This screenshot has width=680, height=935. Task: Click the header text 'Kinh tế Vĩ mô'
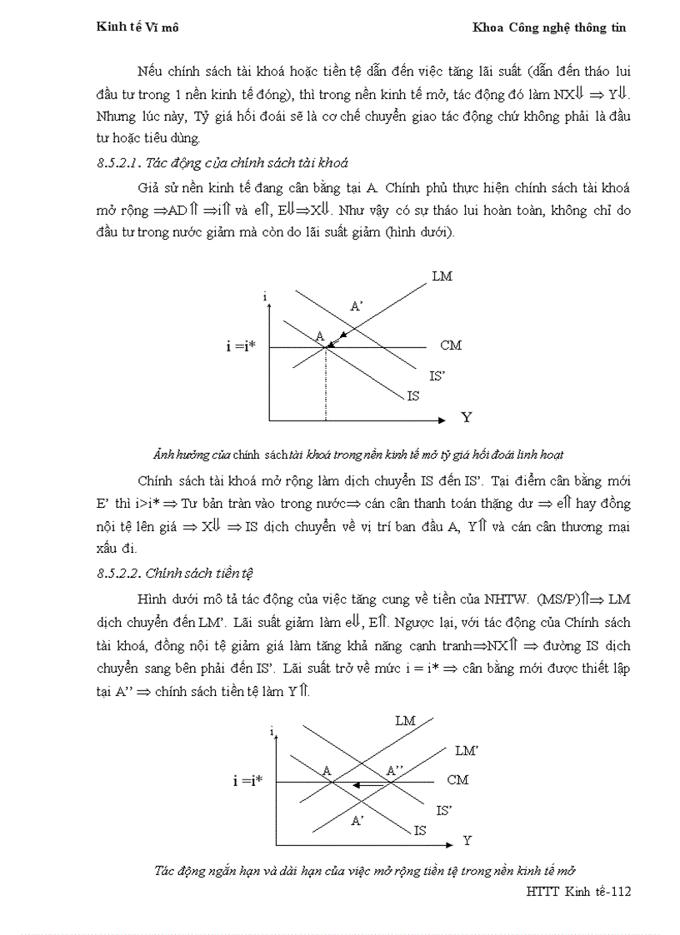click(x=138, y=27)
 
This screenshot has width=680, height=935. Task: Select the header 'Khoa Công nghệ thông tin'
click(x=548, y=27)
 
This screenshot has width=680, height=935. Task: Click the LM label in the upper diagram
click(x=442, y=276)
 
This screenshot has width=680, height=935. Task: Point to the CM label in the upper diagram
click(x=450, y=346)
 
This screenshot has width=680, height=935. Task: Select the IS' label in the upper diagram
click(x=437, y=376)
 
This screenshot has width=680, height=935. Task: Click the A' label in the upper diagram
click(x=356, y=306)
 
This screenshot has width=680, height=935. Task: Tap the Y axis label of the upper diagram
click(x=466, y=417)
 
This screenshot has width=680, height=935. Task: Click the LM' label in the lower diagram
click(x=466, y=750)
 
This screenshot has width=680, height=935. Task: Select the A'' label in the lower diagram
click(x=395, y=771)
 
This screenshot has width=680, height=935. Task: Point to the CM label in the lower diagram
click(x=457, y=780)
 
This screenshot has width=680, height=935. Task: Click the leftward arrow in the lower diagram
click(x=363, y=784)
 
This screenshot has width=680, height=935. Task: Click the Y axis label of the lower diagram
click(x=467, y=840)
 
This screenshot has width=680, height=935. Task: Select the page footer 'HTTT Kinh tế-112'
click(x=578, y=892)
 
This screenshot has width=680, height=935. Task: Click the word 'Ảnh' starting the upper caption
click(x=162, y=455)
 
